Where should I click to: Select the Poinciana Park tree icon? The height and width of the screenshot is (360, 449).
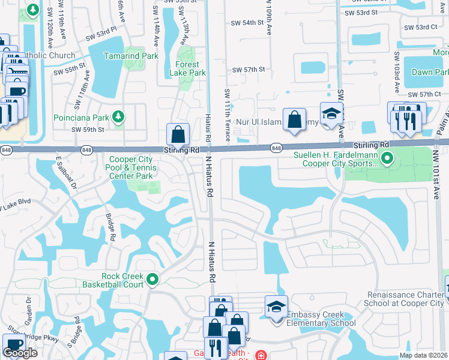(119, 116)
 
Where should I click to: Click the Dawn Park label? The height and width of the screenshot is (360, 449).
(430, 72)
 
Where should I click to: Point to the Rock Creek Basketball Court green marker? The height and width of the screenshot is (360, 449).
(152, 279)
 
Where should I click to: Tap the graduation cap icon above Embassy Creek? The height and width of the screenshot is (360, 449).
(276, 307)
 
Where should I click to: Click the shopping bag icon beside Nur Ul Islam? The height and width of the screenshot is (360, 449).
(295, 119)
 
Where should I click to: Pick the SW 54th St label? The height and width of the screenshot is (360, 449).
(248, 23)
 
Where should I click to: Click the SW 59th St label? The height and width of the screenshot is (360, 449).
(88, 129)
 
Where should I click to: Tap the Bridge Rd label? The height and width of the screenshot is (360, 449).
(110, 226)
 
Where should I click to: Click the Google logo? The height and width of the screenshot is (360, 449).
(20, 353)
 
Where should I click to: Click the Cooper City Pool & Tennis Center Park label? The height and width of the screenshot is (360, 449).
(131, 168)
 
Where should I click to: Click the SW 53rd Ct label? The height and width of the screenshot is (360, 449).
(420, 27)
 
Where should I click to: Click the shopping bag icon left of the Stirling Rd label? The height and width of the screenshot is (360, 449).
(178, 134)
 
